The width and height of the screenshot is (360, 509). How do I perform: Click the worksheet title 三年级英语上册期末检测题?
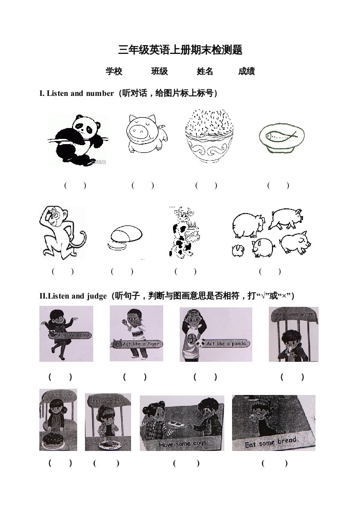(180, 50)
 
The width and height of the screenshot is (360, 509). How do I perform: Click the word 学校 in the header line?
(113, 72)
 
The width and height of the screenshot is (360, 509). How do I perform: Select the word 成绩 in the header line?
(246, 72)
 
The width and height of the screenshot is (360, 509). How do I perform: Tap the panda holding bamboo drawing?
(78, 139)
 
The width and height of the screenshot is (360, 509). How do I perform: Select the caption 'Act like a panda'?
(227, 343)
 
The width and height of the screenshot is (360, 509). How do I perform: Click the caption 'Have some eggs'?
(183, 444)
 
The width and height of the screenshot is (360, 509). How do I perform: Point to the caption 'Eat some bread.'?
(272, 442)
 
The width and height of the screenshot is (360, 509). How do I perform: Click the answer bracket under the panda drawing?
(75, 185)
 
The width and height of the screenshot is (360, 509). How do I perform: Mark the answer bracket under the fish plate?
(278, 185)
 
